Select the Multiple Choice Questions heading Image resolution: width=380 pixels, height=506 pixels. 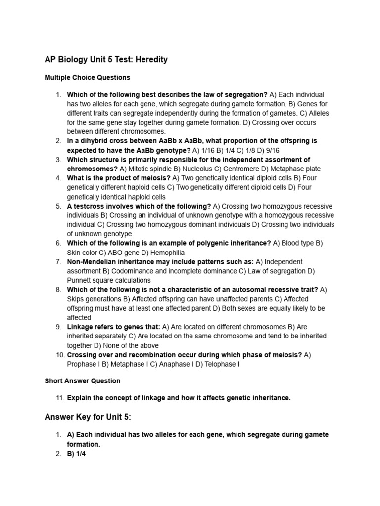[88, 78]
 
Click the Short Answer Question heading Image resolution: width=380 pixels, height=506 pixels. [83, 381]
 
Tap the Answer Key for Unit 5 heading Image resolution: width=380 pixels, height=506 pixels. [88, 417]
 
